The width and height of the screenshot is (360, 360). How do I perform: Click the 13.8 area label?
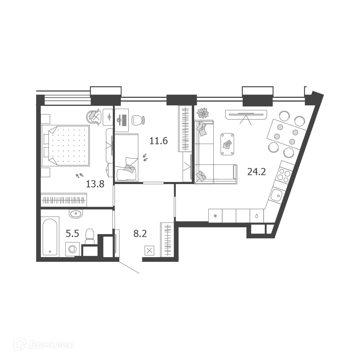pos(95,184)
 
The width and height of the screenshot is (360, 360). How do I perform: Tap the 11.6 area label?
pos(158,141)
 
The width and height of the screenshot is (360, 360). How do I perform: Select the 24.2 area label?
pos(256,172)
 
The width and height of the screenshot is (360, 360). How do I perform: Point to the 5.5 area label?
pos(72,234)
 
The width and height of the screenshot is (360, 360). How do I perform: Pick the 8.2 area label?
pos(140,234)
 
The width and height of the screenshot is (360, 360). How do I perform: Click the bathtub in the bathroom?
pos(50,237)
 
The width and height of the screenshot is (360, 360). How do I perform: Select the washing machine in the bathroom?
pos(72,249)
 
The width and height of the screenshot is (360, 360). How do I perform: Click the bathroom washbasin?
pos(76,214)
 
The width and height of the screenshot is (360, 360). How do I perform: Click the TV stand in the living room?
pos(246,115)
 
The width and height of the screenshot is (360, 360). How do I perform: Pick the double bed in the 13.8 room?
pos(65,146)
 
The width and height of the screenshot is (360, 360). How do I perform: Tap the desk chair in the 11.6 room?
pos(138,120)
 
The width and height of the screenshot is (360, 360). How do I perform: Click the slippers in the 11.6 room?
pos(145,157)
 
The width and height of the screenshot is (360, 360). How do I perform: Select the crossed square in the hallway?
pos(150,250)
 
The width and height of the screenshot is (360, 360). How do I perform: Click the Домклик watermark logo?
pos(44,345)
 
